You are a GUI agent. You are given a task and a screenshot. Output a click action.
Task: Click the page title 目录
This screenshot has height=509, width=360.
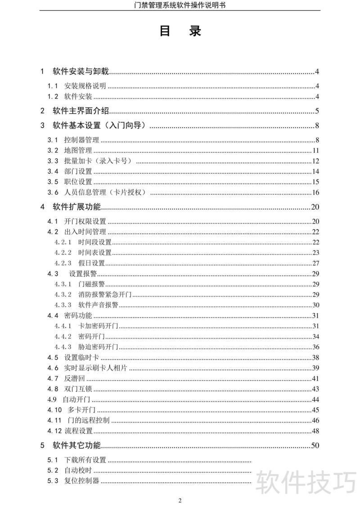tap(180, 31)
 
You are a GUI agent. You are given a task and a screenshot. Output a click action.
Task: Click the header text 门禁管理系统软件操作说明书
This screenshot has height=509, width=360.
tap(180, 5)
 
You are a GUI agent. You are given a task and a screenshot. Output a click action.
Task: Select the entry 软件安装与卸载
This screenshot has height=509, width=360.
tap(81, 71)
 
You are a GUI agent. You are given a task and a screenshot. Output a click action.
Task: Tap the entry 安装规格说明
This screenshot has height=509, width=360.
tap(85, 86)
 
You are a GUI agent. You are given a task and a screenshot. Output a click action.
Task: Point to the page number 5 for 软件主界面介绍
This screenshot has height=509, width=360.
tap(317, 111)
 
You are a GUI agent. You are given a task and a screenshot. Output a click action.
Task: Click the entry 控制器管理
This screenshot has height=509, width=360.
tap(81, 140)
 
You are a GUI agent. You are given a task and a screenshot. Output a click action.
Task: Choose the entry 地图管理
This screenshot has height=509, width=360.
tap(78, 151)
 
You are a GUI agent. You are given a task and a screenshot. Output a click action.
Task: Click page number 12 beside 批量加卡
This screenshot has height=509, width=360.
tap(315, 161)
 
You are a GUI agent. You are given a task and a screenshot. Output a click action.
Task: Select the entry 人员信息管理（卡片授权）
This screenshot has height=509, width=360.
tap(107, 193)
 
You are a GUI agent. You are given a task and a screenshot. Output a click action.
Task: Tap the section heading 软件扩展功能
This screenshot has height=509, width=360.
tap(76, 207)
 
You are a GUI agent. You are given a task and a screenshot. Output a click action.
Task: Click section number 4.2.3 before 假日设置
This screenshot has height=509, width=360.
tap(63, 263)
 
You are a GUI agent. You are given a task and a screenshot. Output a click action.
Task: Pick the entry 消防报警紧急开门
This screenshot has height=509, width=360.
tap(104, 295)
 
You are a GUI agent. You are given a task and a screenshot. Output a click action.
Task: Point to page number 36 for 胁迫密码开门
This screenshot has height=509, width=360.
tap(315, 347)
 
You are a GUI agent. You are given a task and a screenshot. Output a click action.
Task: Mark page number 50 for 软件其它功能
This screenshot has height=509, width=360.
tap(315, 446)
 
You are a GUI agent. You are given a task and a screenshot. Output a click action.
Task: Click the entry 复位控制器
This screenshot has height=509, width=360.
tap(81, 481)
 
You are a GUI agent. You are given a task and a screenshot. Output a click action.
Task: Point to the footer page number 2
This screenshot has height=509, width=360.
tap(180, 500)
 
